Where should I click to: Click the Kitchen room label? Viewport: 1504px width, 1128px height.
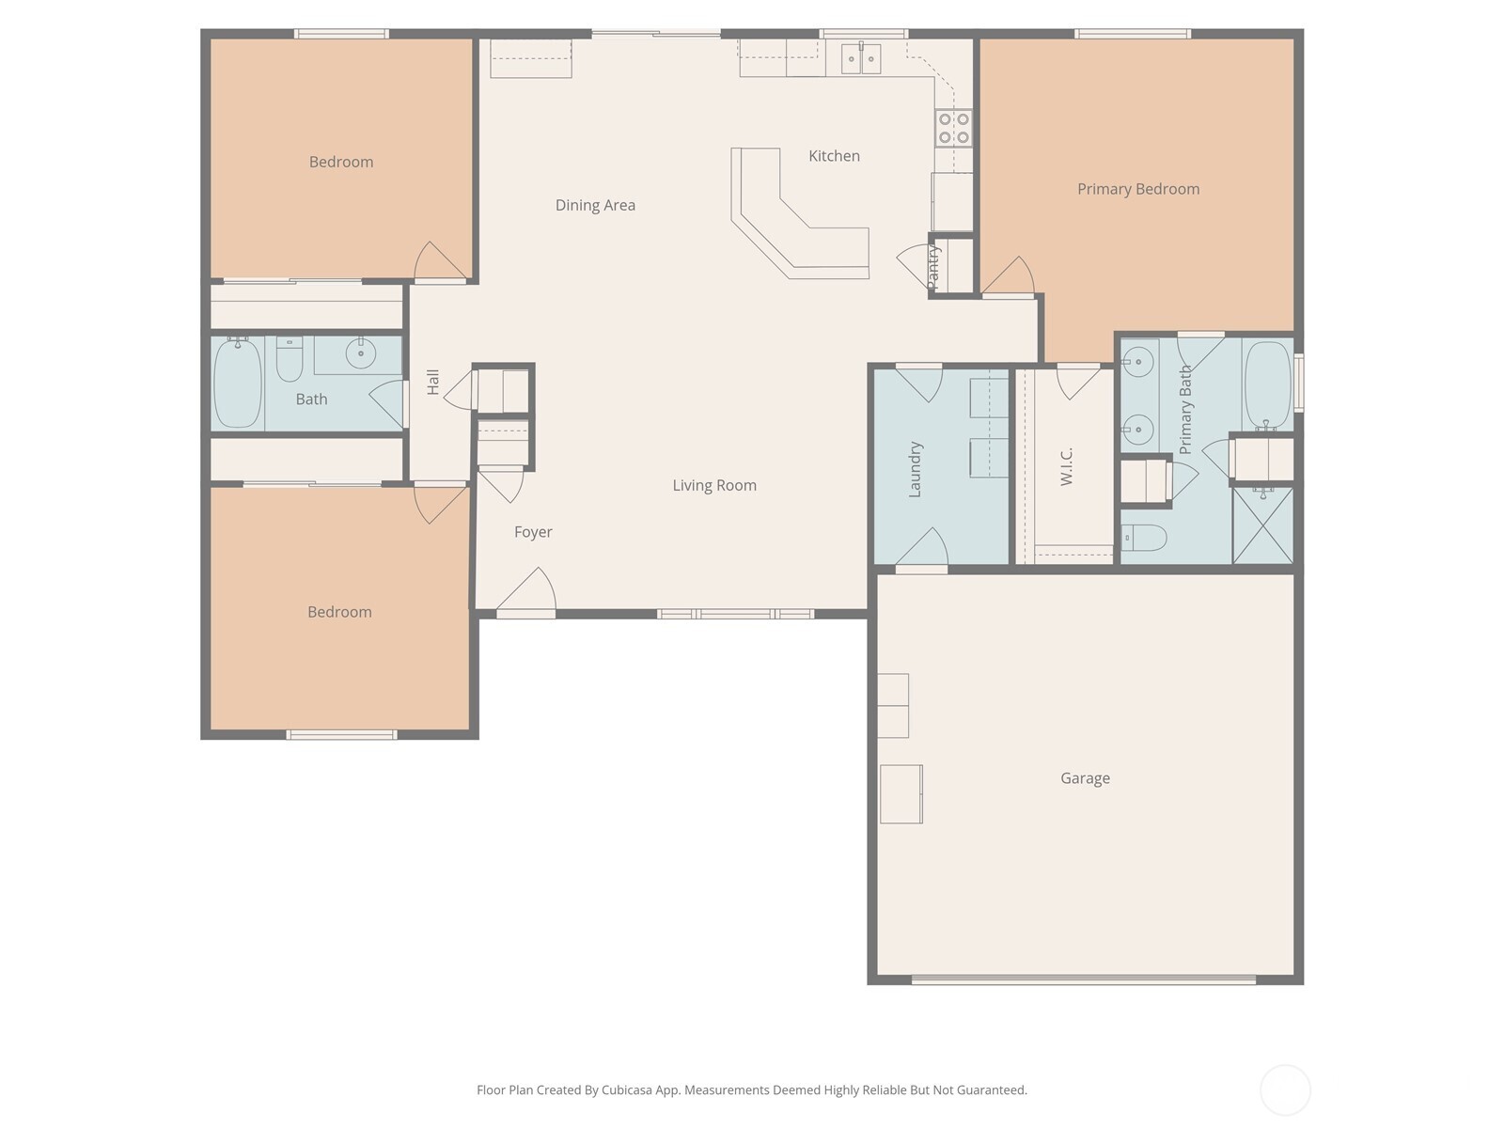(x=834, y=156)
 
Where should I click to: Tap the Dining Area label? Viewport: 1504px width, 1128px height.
(x=595, y=206)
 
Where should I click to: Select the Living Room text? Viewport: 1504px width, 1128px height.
(x=714, y=486)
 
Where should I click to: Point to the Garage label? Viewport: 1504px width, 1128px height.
(x=1085, y=778)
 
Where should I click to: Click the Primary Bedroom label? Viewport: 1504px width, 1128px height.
(x=1138, y=189)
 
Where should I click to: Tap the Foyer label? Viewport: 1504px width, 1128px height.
(x=533, y=532)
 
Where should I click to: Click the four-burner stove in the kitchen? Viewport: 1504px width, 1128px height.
(x=954, y=128)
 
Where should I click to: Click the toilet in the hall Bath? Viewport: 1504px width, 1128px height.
(x=290, y=359)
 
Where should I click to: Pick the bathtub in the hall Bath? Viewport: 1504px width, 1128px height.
(x=238, y=384)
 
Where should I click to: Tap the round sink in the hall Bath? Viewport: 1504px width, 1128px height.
(x=360, y=353)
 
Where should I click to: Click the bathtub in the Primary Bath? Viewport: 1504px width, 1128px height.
(x=1268, y=384)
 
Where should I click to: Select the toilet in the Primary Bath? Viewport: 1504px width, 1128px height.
(x=1143, y=538)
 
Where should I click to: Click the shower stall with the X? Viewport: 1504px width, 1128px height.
(x=1262, y=525)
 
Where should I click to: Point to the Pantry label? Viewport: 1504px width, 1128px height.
(x=932, y=267)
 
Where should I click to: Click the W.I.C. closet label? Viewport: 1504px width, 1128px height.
(x=1066, y=467)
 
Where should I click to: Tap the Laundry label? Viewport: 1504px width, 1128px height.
(x=915, y=469)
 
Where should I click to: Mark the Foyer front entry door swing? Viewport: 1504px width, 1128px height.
(x=526, y=589)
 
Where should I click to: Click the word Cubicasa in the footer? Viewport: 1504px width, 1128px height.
(x=627, y=1089)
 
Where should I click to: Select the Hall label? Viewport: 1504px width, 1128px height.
(x=432, y=383)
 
